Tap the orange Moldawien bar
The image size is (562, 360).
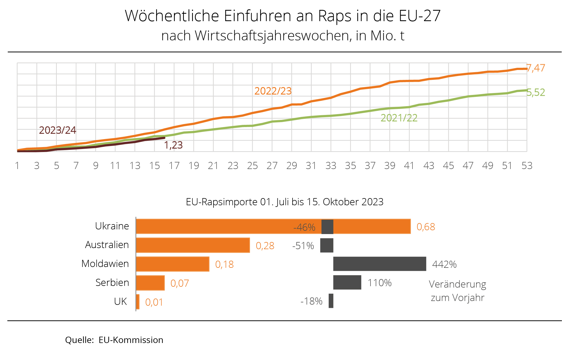click(x=172, y=264)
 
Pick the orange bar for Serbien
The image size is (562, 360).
click(x=150, y=283)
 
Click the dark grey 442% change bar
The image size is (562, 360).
click(x=380, y=264)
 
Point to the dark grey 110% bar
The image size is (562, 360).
click(x=347, y=282)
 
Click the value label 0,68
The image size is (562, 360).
click(x=426, y=227)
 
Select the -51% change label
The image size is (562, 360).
click(x=303, y=246)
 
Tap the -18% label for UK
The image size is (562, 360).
click(x=311, y=301)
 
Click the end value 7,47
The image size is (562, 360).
click(x=536, y=68)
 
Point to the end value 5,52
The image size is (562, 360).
click(x=536, y=92)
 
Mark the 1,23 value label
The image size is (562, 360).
click(x=173, y=145)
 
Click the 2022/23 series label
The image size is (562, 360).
click(x=273, y=91)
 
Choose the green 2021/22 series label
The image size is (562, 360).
click(x=399, y=118)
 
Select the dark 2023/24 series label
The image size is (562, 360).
click(x=58, y=130)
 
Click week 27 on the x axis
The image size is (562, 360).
click(x=272, y=166)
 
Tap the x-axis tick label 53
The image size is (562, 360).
click(x=527, y=166)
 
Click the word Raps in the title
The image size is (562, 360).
click(x=335, y=16)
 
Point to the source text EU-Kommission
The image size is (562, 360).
click(x=131, y=340)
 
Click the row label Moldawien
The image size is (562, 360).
click(x=105, y=264)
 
